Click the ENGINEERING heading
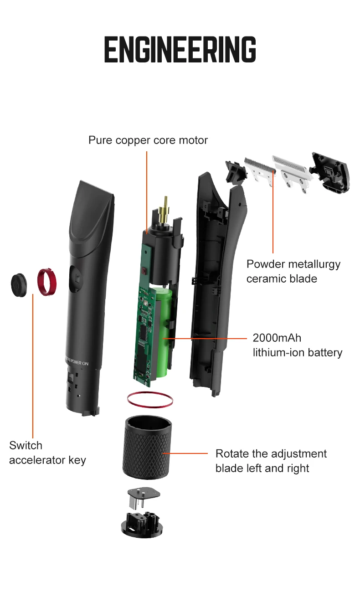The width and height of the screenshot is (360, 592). click(x=180, y=50)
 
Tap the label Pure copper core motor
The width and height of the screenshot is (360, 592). click(x=148, y=140)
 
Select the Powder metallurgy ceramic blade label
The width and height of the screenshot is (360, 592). click(x=293, y=271)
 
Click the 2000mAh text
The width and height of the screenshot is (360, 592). click(x=277, y=338)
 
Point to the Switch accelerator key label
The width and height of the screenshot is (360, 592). click(x=47, y=453)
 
